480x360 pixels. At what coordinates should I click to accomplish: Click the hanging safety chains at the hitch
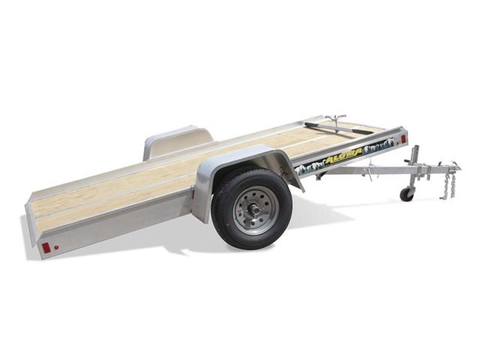[448, 184]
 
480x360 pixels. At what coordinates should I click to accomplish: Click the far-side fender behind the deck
[176, 140]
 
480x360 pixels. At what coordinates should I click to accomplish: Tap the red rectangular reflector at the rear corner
[46, 247]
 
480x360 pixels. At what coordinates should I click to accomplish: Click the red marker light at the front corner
[403, 139]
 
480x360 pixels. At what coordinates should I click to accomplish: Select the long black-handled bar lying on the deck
[337, 128]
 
